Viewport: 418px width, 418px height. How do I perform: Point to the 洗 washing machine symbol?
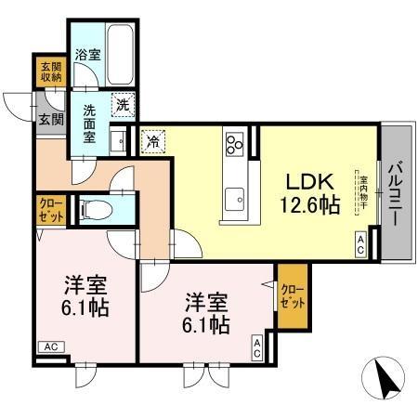point(122,105)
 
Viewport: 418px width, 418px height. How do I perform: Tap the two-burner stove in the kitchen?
point(234,145)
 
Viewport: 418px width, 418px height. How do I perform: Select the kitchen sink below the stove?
point(234,197)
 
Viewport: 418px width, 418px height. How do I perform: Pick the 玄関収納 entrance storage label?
point(50,72)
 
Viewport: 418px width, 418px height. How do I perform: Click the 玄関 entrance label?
point(50,119)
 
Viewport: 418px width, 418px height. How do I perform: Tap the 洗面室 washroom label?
point(92,122)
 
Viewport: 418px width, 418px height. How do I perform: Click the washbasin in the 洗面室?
point(118,141)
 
